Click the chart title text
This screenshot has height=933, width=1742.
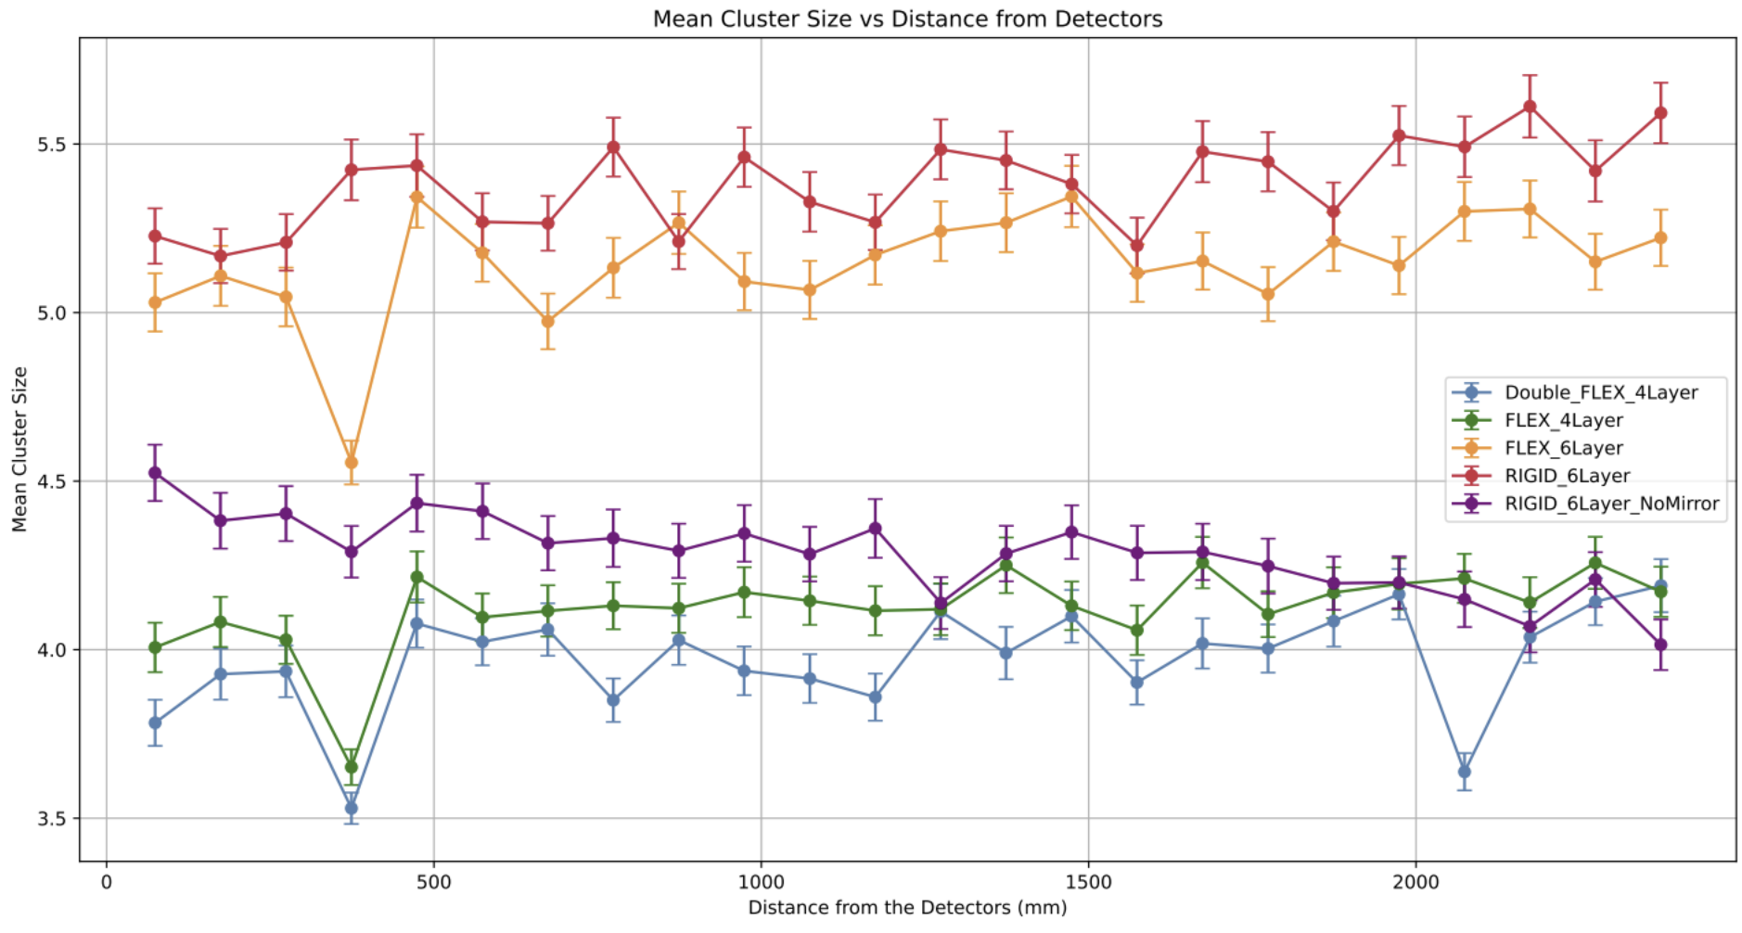point(906,19)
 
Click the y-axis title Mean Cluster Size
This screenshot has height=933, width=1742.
point(19,449)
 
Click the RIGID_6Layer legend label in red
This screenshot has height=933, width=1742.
point(1568,476)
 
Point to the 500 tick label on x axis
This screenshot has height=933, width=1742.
point(434,882)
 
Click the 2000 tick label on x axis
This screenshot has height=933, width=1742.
point(1415,882)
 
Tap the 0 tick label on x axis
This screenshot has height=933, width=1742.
point(107,882)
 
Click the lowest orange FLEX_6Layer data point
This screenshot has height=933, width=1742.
point(352,462)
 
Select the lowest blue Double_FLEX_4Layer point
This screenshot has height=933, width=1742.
point(352,808)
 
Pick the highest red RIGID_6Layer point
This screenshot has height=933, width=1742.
point(1530,107)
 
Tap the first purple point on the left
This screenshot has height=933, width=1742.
point(155,473)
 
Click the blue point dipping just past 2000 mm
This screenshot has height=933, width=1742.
point(1465,772)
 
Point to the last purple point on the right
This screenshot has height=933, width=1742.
point(1660,645)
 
